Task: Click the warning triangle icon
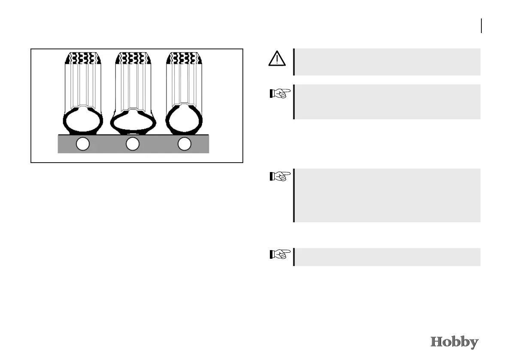[278, 59]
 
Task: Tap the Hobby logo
[454, 342]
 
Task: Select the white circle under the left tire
[82, 144]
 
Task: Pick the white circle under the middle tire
[133, 144]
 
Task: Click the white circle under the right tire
[184, 144]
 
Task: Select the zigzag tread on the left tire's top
[83, 58]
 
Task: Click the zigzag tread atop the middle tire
[133, 58]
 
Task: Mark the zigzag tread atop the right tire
[184, 58]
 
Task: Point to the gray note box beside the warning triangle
[387, 62]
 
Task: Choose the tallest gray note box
[387, 195]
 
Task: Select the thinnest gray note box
[387, 257]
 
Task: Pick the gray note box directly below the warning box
[387, 101]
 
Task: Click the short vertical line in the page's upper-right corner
[481, 26]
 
